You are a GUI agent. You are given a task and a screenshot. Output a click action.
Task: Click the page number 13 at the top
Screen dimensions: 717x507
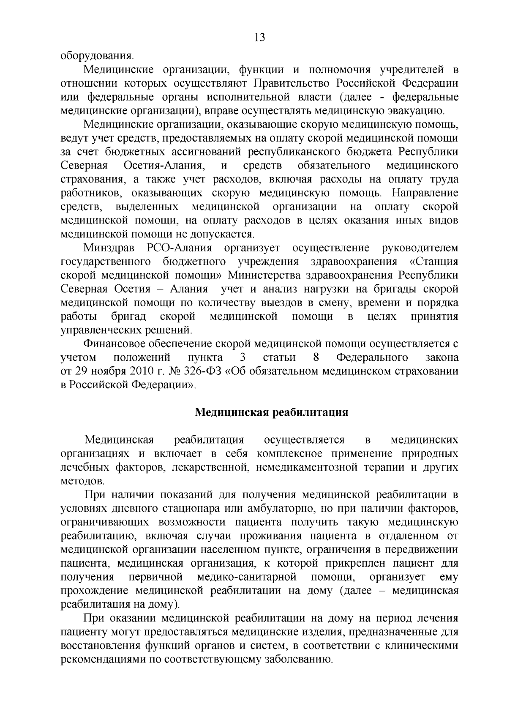coord(259,38)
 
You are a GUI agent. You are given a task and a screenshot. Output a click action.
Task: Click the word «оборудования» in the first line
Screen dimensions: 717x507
coord(97,56)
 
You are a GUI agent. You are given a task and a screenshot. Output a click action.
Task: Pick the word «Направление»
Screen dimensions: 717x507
coord(425,193)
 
